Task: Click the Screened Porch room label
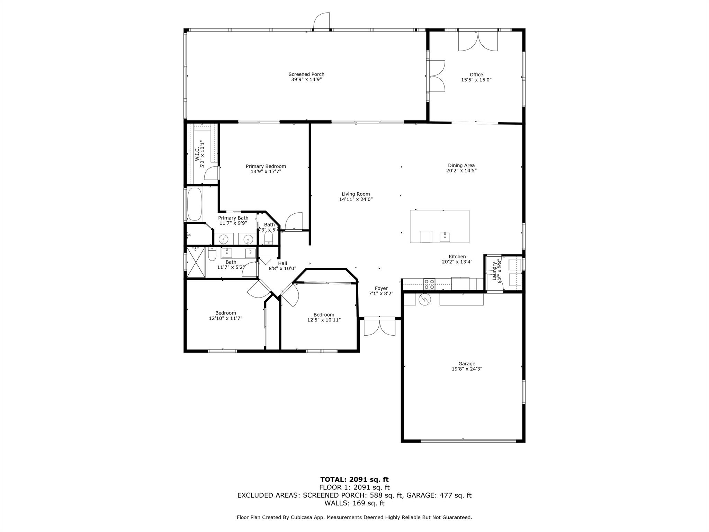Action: tap(306, 74)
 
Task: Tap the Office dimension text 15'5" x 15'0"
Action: tap(476, 80)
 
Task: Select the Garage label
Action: tap(466, 364)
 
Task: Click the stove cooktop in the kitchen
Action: tap(430, 284)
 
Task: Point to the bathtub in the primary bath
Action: tap(195, 204)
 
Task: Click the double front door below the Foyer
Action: tap(379, 327)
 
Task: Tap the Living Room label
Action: tap(356, 194)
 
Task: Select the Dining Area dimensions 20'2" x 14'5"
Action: tap(461, 170)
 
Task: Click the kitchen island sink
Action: tap(445, 237)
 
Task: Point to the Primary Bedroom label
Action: tap(266, 166)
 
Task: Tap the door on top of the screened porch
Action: tap(322, 21)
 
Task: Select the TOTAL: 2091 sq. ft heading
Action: tap(354, 479)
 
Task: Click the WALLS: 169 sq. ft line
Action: tap(354, 503)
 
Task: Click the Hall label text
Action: tap(282, 263)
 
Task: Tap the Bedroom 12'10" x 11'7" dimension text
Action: tap(225, 318)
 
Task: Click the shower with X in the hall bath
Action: tap(196, 262)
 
